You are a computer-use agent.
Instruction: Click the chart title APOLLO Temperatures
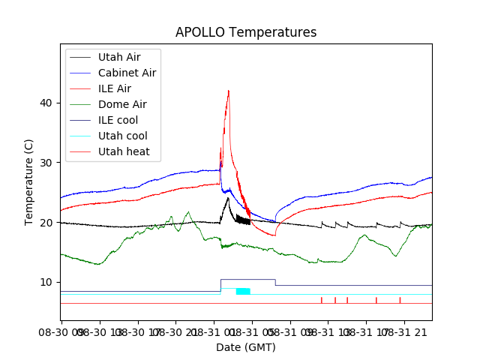[x=245, y=32]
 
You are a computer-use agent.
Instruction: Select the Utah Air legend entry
[x=118, y=57]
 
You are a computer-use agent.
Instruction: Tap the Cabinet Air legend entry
[x=127, y=73]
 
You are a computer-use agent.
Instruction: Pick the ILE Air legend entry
[x=114, y=88]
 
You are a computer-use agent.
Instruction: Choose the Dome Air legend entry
[x=122, y=104]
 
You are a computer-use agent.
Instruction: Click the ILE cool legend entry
[x=118, y=120]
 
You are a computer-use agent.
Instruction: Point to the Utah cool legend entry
[x=122, y=136]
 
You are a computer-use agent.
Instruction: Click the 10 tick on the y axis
[x=46, y=282]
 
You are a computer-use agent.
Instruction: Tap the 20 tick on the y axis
[x=46, y=223]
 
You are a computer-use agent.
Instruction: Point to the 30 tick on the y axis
[x=46, y=163]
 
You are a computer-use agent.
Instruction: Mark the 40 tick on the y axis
[x=46, y=103]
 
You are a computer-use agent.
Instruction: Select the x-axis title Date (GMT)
[x=245, y=347]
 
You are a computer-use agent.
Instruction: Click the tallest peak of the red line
[x=229, y=91]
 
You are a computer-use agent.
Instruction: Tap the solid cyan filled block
[x=243, y=291]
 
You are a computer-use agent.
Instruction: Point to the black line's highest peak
[x=228, y=198]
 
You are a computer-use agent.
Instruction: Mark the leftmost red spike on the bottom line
[x=322, y=299]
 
